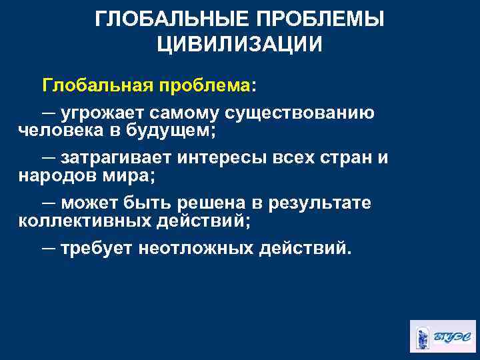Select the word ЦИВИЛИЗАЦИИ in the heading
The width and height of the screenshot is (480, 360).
coord(239,45)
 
